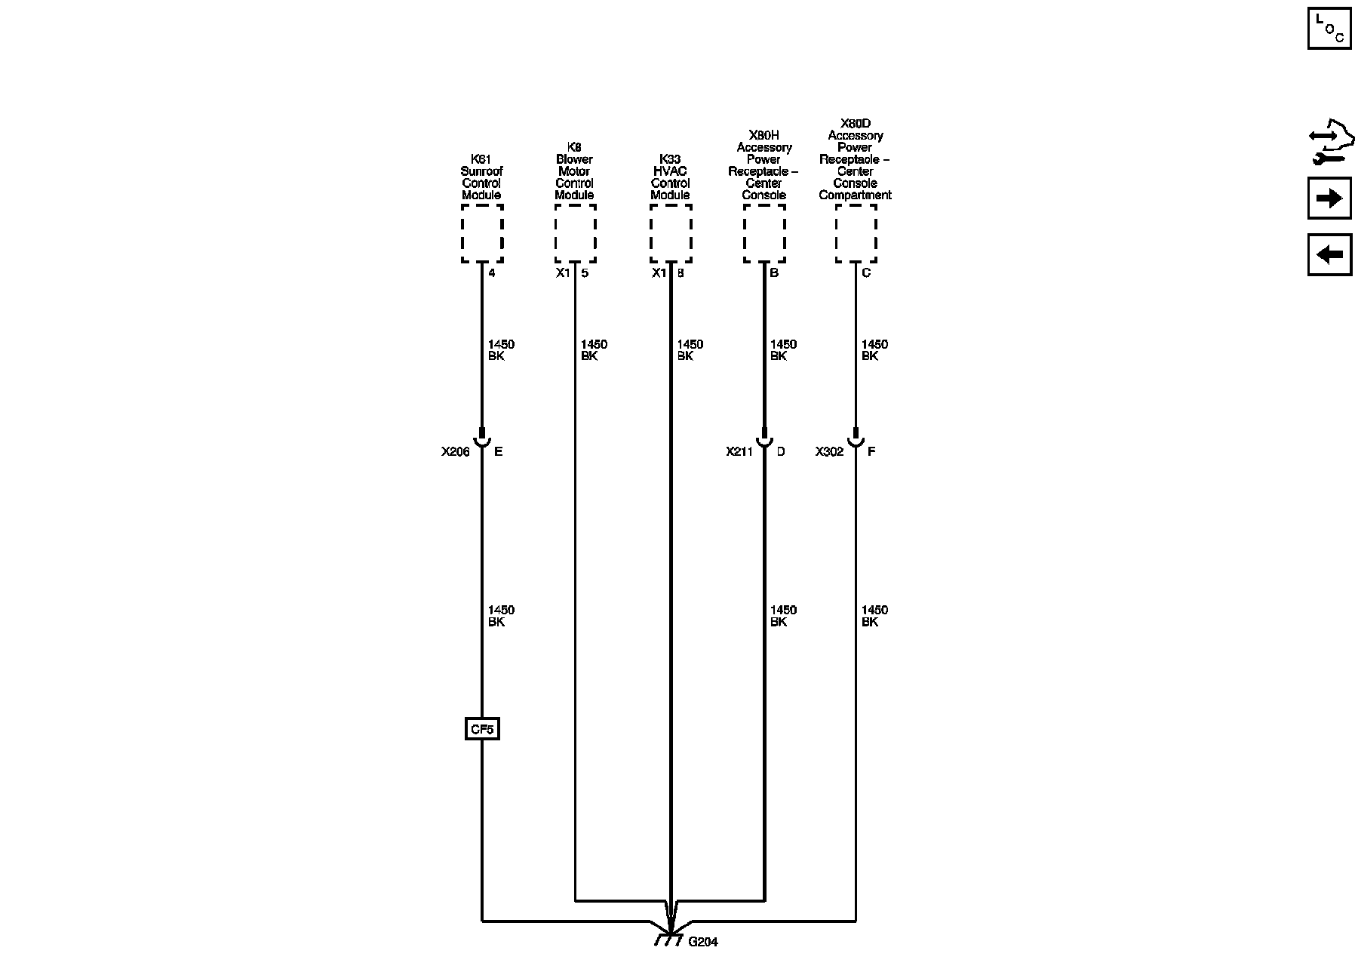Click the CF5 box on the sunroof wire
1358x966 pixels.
click(x=482, y=729)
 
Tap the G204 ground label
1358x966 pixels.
click(x=703, y=942)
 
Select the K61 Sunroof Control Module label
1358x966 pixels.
click(x=481, y=177)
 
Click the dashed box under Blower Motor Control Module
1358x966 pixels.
click(x=575, y=233)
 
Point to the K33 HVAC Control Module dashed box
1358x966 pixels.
click(x=670, y=233)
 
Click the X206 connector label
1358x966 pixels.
click(x=456, y=452)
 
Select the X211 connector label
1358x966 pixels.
click(x=739, y=452)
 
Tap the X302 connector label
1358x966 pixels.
click(x=829, y=452)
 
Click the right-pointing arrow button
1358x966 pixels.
click(x=1329, y=198)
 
